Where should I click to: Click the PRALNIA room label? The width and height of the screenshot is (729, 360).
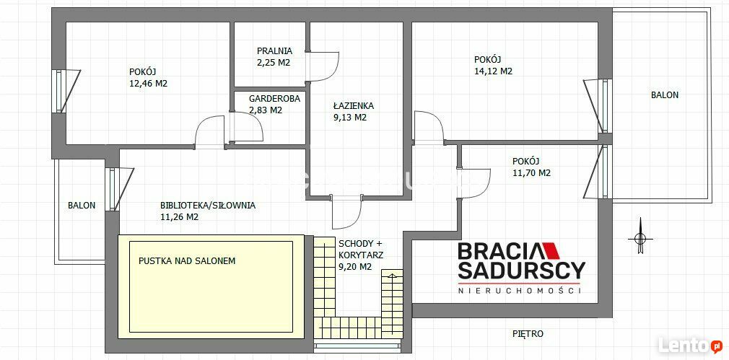(274, 51)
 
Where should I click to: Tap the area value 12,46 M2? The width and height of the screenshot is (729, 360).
(148, 84)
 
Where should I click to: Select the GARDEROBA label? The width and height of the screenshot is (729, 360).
(274, 99)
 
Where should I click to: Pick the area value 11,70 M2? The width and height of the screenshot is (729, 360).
(531, 173)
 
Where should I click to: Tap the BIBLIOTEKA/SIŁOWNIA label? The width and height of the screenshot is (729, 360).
(207, 205)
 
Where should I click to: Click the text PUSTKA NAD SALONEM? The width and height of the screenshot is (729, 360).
(187, 261)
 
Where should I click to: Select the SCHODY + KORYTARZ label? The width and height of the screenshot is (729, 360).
(361, 249)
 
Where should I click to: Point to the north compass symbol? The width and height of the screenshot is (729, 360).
(640, 237)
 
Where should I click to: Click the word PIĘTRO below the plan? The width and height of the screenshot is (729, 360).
(528, 333)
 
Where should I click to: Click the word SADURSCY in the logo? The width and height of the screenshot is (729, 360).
(522, 270)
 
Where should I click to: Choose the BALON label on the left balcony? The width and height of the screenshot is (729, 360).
(82, 205)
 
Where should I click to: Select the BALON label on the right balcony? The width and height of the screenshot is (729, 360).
(664, 95)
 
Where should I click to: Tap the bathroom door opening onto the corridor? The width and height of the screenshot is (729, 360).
(347, 213)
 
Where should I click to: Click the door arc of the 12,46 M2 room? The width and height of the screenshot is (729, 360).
(210, 133)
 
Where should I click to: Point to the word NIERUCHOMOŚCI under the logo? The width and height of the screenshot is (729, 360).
(519, 291)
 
